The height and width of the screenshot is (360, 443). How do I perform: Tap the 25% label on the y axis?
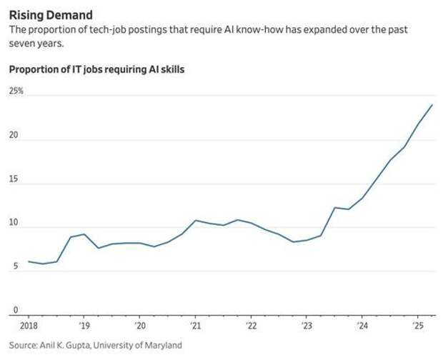[16, 91]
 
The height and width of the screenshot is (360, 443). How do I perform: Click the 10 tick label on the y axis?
[13, 223]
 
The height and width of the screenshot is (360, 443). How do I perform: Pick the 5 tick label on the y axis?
[11, 267]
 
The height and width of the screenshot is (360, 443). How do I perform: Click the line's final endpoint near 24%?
[432, 105]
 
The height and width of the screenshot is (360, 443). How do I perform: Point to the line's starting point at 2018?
[29, 261]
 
